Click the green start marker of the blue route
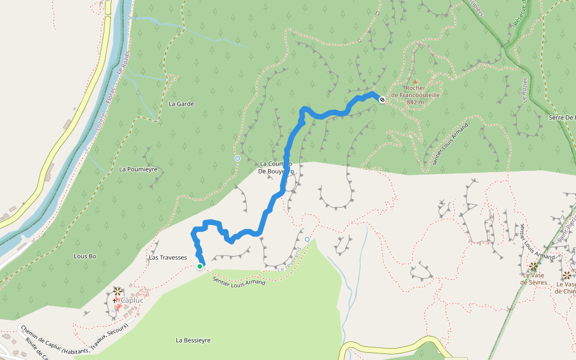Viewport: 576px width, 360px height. tap(200, 266)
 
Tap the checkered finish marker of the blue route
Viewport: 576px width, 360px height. tap(382, 100)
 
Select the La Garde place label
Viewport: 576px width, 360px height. tap(181, 104)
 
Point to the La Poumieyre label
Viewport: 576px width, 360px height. tap(138, 169)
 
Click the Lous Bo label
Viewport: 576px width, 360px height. tap(85, 256)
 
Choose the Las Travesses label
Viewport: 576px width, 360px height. tap(167, 257)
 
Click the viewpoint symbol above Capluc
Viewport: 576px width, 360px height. tap(117, 290)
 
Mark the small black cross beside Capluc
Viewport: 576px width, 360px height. tap(114, 300)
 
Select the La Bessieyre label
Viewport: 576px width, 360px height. tap(193, 340)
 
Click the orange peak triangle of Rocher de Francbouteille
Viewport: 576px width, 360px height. tap(415, 80)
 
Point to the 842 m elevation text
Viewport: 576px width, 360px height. tap(415, 103)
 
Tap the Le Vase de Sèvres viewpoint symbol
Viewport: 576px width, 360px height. tap(532, 266)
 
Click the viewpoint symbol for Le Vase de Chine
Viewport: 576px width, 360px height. tap(566, 275)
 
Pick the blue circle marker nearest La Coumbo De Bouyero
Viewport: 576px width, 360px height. tap(238, 158)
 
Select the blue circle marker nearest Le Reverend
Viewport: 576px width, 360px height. tap(307, 239)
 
